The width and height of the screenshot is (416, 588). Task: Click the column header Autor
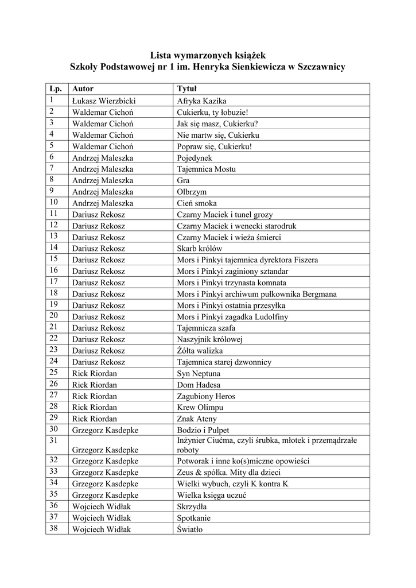(x=83, y=89)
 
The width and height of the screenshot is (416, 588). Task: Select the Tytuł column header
(x=187, y=89)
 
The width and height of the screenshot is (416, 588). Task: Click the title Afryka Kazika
(x=203, y=100)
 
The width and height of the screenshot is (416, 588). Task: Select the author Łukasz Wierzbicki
(x=104, y=100)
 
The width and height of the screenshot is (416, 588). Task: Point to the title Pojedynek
(x=195, y=157)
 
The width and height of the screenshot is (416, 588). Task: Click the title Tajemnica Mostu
(x=206, y=169)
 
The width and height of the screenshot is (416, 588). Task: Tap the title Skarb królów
(x=199, y=248)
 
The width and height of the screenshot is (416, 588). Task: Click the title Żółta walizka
(x=200, y=350)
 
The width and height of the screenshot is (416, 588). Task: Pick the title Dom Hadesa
(x=199, y=385)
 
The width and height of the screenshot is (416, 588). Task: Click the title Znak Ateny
(x=197, y=419)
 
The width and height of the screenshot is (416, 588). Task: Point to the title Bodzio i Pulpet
(x=203, y=430)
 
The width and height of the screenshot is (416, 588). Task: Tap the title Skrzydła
(x=192, y=507)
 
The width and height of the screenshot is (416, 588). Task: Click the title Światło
(x=190, y=529)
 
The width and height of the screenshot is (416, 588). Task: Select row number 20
(x=54, y=316)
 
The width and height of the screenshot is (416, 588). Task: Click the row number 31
(x=54, y=440)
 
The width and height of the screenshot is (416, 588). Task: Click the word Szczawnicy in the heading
(x=320, y=68)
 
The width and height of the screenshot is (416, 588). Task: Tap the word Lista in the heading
(x=161, y=56)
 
